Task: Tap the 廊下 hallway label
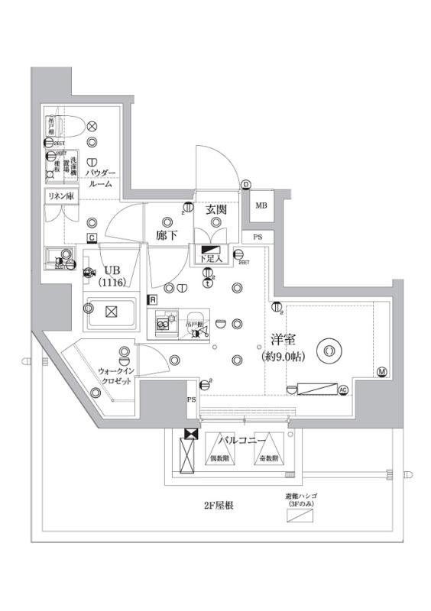coord(167,235)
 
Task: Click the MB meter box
coord(261,205)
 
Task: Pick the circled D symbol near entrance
coord(246,184)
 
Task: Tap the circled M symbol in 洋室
coord(382,373)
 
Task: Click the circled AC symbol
coord(343,390)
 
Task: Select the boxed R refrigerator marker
coord(153,300)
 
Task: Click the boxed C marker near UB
coord(91,238)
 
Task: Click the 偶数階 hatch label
coord(221,458)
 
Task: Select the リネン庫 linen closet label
coord(60,196)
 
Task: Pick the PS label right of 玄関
coord(258,238)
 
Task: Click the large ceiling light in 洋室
coord(329,351)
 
